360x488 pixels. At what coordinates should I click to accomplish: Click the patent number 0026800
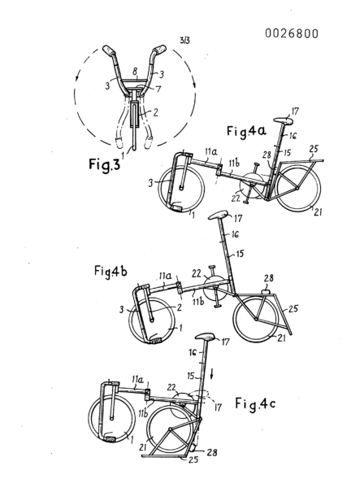[292, 33]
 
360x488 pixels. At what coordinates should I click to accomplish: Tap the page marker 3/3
[184, 40]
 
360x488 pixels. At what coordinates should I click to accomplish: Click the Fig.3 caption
[104, 164]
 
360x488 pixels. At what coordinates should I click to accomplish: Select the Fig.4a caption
[246, 131]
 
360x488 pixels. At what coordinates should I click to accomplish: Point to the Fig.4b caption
[111, 271]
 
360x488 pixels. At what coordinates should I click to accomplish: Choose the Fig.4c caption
[255, 403]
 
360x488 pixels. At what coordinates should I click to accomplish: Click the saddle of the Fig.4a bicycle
[284, 120]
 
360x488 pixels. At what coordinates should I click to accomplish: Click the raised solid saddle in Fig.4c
[205, 337]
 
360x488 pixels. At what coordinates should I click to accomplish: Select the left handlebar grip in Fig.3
[109, 50]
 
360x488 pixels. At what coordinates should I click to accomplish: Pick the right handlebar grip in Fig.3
[159, 50]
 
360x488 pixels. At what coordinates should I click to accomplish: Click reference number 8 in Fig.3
[135, 72]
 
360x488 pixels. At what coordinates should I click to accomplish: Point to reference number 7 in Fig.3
[158, 89]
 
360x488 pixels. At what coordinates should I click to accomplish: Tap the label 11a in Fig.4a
[211, 152]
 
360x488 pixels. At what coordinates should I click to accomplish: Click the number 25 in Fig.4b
[293, 309]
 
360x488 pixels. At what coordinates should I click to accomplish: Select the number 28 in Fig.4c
[212, 452]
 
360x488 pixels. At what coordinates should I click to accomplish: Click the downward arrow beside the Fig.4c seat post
[211, 373]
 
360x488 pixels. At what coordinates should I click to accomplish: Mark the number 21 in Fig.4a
[318, 212]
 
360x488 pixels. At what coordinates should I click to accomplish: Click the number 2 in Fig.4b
[179, 307]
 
